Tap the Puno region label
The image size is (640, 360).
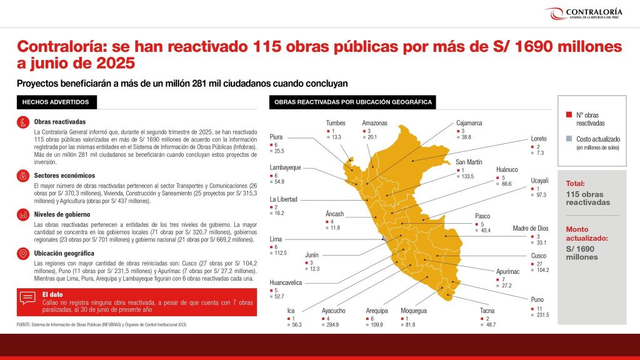[x=537, y=299]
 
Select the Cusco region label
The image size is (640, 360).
[x=539, y=256]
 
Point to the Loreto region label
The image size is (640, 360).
[x=539, y=138]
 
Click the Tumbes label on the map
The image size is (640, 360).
[x=336, y=123]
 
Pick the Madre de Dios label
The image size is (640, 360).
[x=530, y=228]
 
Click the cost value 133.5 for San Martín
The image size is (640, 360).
[x=467, y=177]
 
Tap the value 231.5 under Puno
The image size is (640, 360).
[x=542, y=315]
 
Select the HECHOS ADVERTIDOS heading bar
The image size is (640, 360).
[x=56, y=102]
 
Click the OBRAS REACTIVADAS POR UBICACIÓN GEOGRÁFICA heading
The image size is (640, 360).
[x=353, y=102]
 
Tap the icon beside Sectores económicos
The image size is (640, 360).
[x=23, y=176]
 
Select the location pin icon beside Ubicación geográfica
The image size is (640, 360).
[x=23, y=254]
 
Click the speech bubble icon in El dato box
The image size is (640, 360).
[x=27, y=297]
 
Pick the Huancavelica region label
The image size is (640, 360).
[x=286, y=282]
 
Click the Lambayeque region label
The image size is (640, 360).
[x=285, y=167]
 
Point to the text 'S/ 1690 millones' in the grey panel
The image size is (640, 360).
[x=582, y=252]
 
